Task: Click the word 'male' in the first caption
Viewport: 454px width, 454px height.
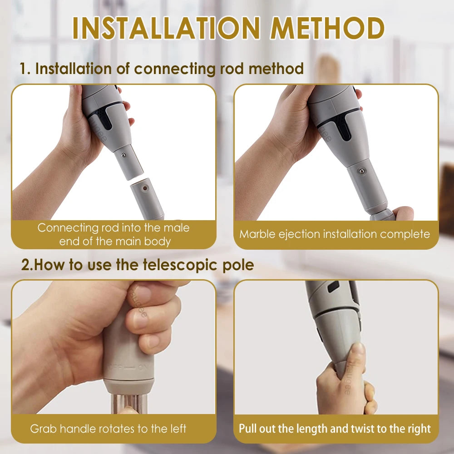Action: pos(176,228)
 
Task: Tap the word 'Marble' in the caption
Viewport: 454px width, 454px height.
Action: pos(257,234)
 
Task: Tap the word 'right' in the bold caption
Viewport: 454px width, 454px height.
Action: pos(419,429)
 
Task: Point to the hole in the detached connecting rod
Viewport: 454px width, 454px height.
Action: pos(144,188)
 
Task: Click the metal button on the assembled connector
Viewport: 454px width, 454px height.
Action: pos(361,171)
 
